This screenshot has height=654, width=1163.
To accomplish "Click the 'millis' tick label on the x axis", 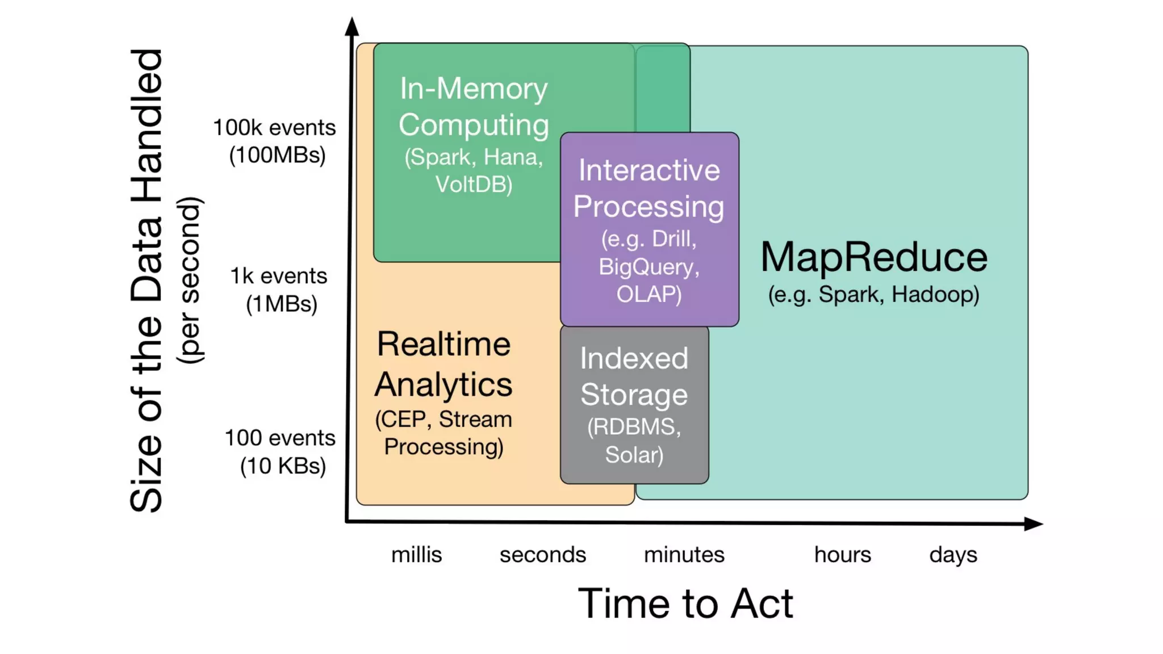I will coord(416,555).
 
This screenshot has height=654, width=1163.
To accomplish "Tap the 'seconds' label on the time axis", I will coord(542,555).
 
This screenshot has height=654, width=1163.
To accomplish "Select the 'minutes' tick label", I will coord(684,555).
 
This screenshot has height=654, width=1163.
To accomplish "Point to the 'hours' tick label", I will coord(842,555).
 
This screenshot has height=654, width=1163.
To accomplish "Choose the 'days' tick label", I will coord(953,555).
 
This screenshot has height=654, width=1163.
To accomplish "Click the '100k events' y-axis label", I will coord(274,128).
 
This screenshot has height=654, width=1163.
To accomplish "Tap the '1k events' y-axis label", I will coord(278,276).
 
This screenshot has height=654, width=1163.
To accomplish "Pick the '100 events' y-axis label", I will coord(279,438).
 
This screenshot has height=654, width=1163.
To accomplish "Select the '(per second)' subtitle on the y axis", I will coord(189,280).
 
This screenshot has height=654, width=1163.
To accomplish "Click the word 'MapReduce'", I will coord(874,257).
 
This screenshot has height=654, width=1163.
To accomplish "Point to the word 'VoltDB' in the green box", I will coord(474,185).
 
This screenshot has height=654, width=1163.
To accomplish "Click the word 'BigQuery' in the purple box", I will coord(649,267).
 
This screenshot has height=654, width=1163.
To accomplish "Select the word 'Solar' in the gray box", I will coord(634,455).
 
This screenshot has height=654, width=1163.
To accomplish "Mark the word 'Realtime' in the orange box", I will coord(444,344).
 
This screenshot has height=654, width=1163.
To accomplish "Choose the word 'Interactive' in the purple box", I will coord(649,170).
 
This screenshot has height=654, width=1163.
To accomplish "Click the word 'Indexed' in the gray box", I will coord(634,359).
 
